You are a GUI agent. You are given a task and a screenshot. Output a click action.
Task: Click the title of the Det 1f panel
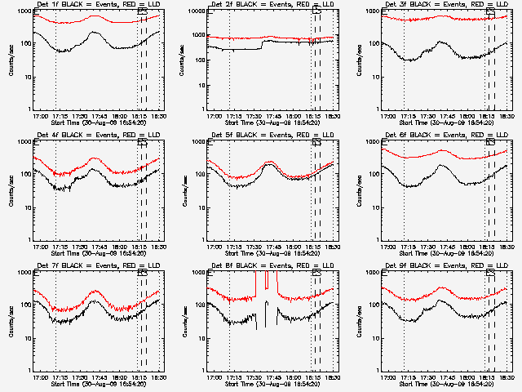click(x=90, y=6)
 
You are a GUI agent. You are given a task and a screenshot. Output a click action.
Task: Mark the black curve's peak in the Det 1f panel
click(x=95, y=33)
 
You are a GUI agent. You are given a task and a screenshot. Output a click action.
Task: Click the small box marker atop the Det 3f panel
click(x=490, y=12)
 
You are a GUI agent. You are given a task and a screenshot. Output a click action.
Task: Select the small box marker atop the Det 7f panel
click(x=143, y=274)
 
